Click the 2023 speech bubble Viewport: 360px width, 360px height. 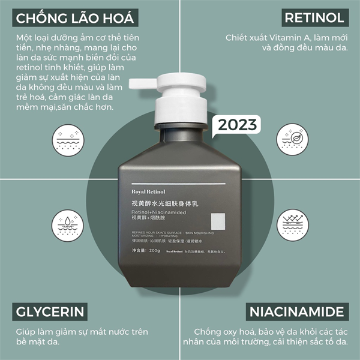(237, 125)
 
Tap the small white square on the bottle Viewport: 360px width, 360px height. (218, 221)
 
